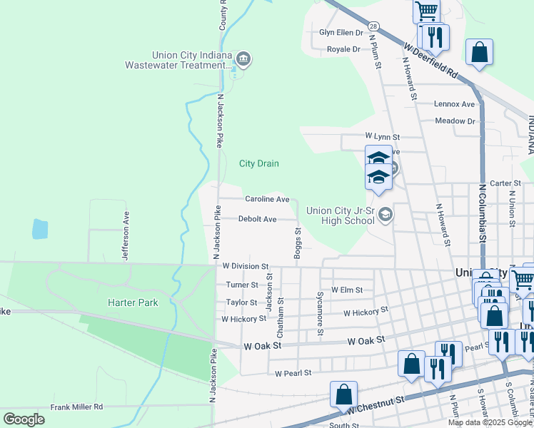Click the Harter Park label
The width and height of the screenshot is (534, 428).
tap(132, 302)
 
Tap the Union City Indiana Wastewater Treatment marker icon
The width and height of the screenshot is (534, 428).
tap(243, 58)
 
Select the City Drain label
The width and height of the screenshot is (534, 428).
tap(258, 163)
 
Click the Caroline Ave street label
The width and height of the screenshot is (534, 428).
tap(267, 199)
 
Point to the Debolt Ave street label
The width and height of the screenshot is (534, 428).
tap(257, 219)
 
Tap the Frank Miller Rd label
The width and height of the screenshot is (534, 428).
tap(76, 407)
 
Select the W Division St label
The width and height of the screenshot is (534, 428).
tap(245, 265)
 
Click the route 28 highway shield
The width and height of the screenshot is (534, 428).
tap(373, 26)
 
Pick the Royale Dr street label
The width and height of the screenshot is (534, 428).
tap(343, 49)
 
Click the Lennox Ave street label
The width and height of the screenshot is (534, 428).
tap(455, 104)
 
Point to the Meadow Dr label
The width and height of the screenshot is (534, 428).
tap(455, 121)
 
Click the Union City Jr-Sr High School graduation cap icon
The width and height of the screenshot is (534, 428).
tap(386, 214)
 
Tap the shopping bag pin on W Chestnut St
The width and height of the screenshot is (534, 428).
tap(343, 393)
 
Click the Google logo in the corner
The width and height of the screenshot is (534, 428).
tap(24, 419)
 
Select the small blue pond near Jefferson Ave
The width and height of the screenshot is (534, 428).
tap(40, 229)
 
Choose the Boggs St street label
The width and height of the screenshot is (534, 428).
tap(298, 243)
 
